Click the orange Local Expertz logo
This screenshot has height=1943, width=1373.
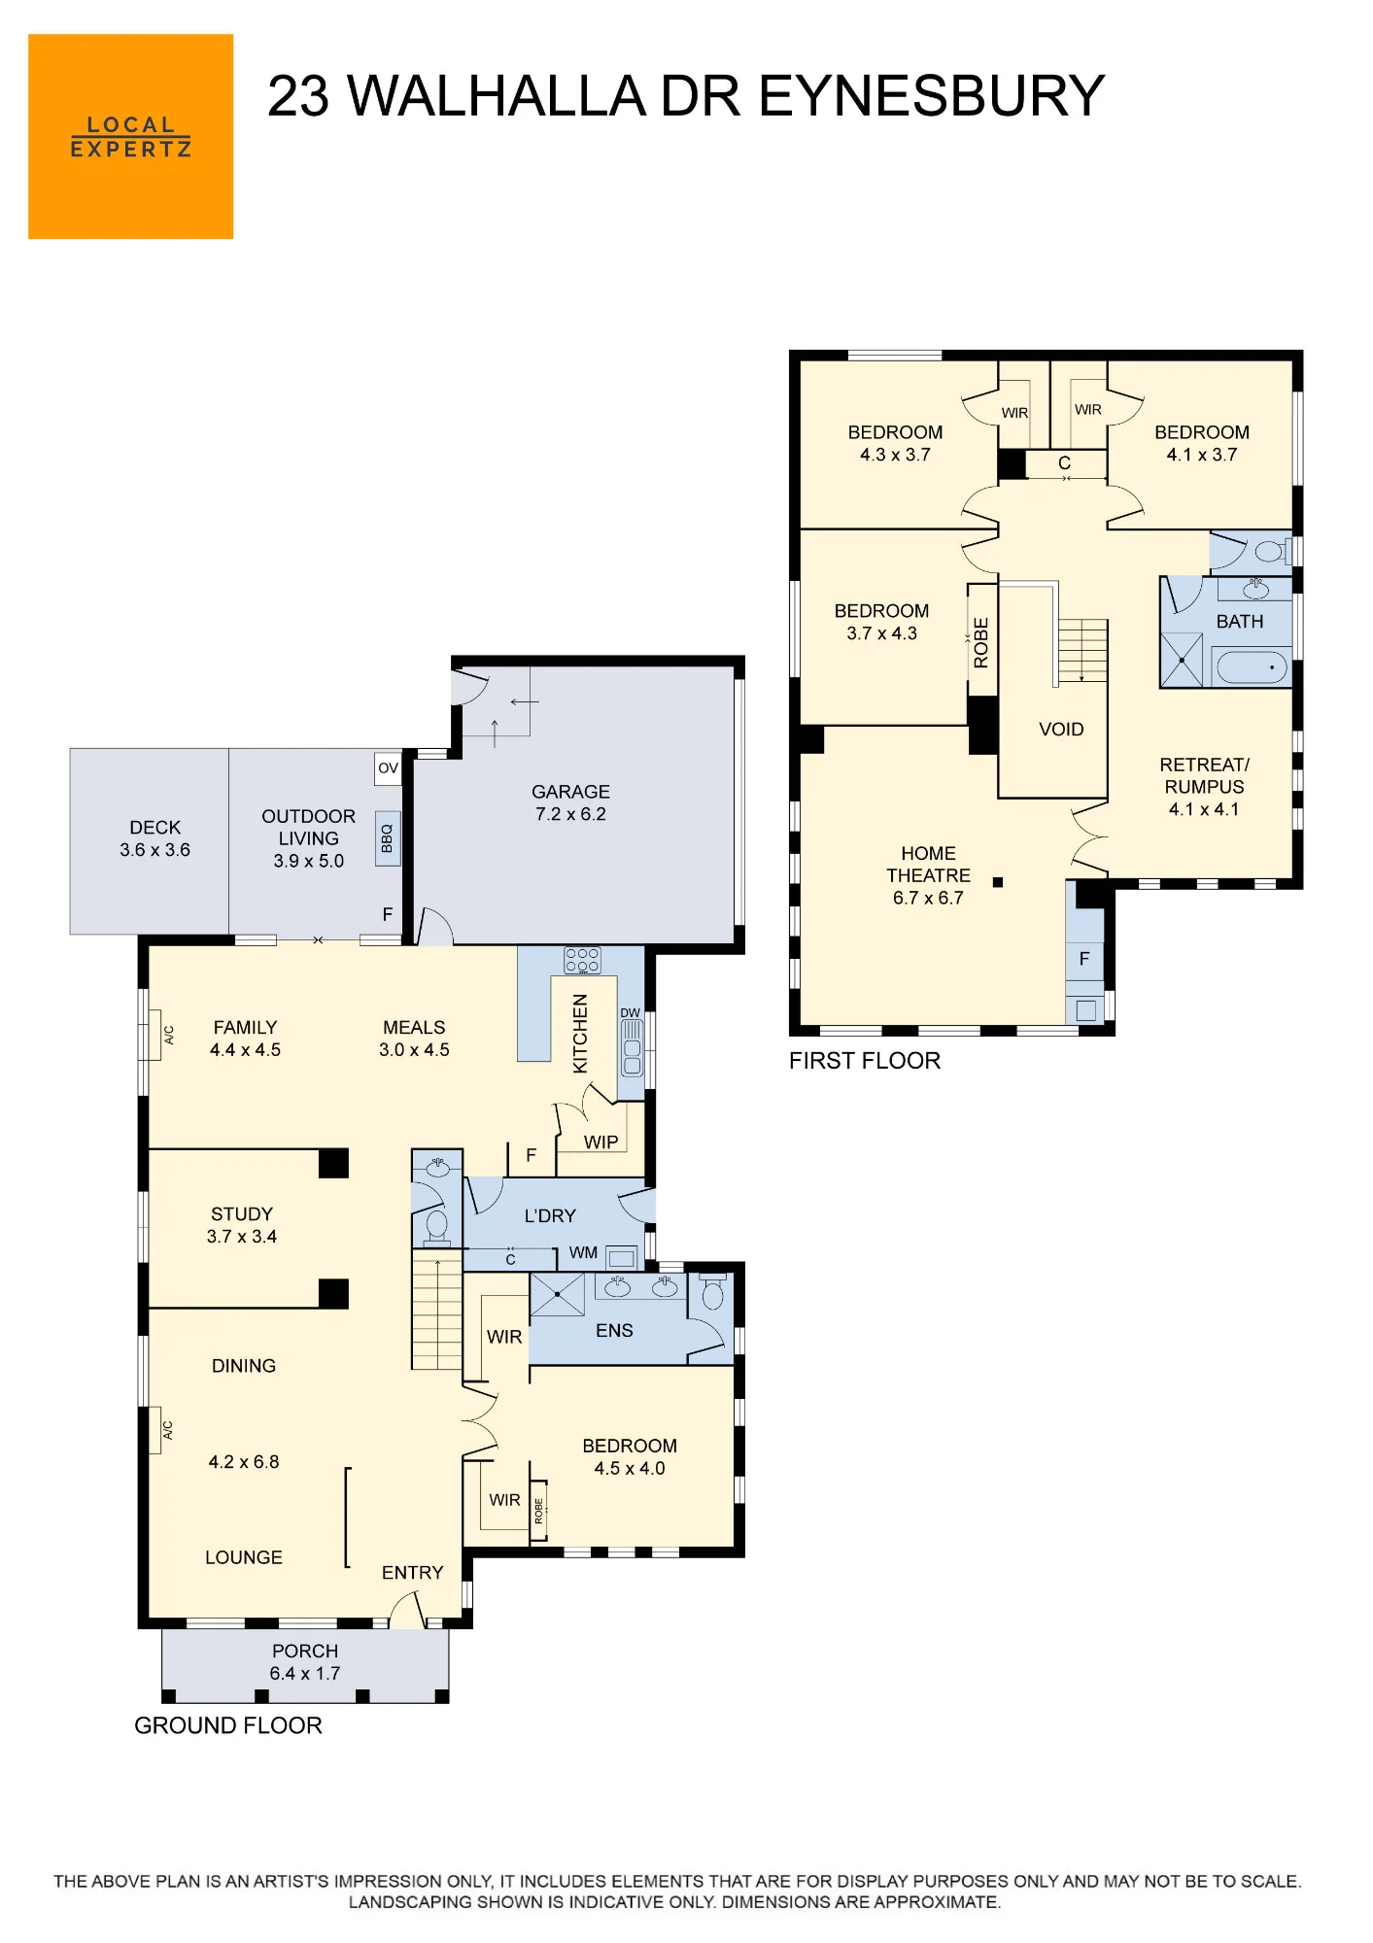pyautogui.click(x=130, y=137)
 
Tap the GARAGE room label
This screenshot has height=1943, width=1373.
pyautogui.click(x=570, y=792)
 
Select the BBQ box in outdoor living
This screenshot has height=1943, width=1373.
pyautogui.click(x=388, y=838)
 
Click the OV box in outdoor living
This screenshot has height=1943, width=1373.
pyautogui.click(x=389, y=767)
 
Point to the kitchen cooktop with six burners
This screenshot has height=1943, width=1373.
pyautogui.click(x=582, y=961)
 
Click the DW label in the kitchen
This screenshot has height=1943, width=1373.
pyautogui.click(x=631, y=1012)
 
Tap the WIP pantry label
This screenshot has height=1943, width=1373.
pyautogui.click(x=601, y=1142)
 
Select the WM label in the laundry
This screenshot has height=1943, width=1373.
pyautogui.click(x=583, y=1253)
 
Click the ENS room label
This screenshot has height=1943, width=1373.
pyautogui.click(x=614, y=1331)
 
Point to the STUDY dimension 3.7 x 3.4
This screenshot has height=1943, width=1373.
pyautogui.click(x=242, y=1237)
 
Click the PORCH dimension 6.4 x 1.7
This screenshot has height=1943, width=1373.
pyautogui.click(x=305, y=1674)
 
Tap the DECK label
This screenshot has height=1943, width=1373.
pyautogui.click(x=155, y=828)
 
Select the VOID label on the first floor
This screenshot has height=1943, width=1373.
pyautogui.click(x=1061, y=730)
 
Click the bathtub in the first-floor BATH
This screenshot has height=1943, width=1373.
pyautogui.click(x=1252, y=667)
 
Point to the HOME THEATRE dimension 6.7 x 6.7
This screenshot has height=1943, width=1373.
pyautogui.click(x=928, y=899)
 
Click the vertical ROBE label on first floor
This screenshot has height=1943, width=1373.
pyautogui.click(x=981, y=643)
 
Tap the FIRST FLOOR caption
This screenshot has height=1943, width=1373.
pyautogui.click(x=865, y=1061)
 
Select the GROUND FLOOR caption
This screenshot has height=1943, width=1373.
pyautogui.click(x=228, y=1725)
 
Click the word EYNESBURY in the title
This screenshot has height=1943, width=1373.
pyautogui.click(x=931, y=96)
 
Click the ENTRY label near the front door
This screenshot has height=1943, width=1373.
pyautogui.click(x=412, y=1573)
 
